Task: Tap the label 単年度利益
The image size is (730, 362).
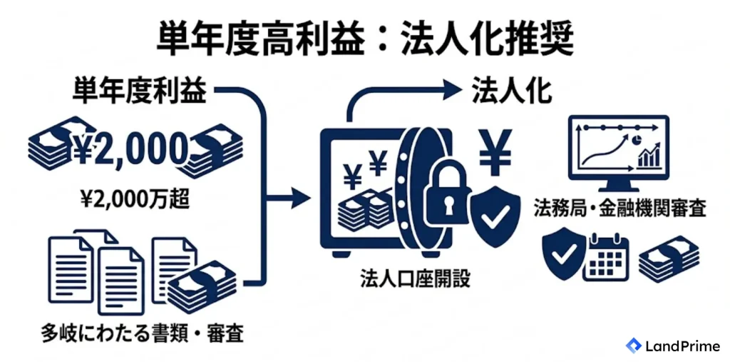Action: [139, 92]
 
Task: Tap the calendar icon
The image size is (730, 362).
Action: [609, 256]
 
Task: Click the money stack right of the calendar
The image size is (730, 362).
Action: [669, 259]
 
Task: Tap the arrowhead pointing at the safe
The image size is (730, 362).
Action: [302, 198]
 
